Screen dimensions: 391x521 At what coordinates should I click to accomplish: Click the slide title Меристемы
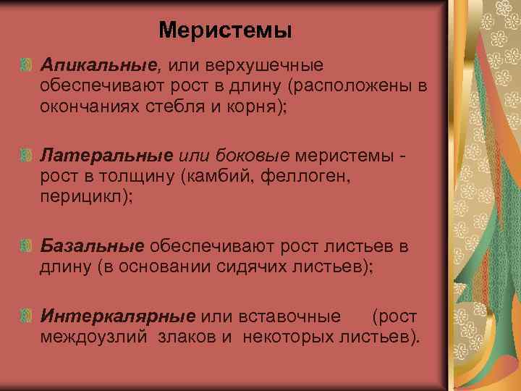(225, 30)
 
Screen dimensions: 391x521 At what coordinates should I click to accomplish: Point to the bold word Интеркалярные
(118, 317)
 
